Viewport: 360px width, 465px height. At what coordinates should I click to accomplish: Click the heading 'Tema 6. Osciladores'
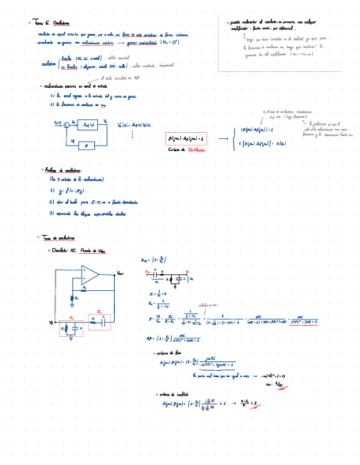(x=52, y=23)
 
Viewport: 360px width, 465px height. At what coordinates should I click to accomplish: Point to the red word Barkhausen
(x=196, y=149)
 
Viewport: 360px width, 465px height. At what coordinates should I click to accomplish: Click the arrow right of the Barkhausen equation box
(x=223, y=139)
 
